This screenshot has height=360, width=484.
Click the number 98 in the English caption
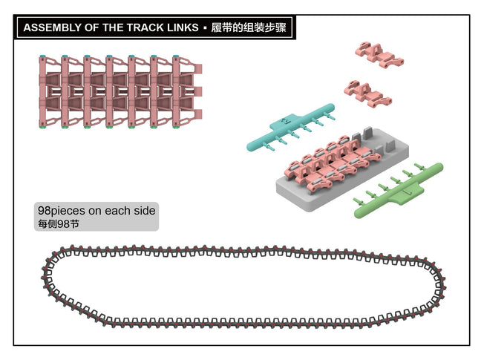coord(45,211)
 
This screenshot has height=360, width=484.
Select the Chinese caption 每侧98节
coord(58,224)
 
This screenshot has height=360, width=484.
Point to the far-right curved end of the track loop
coord(442,286)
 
